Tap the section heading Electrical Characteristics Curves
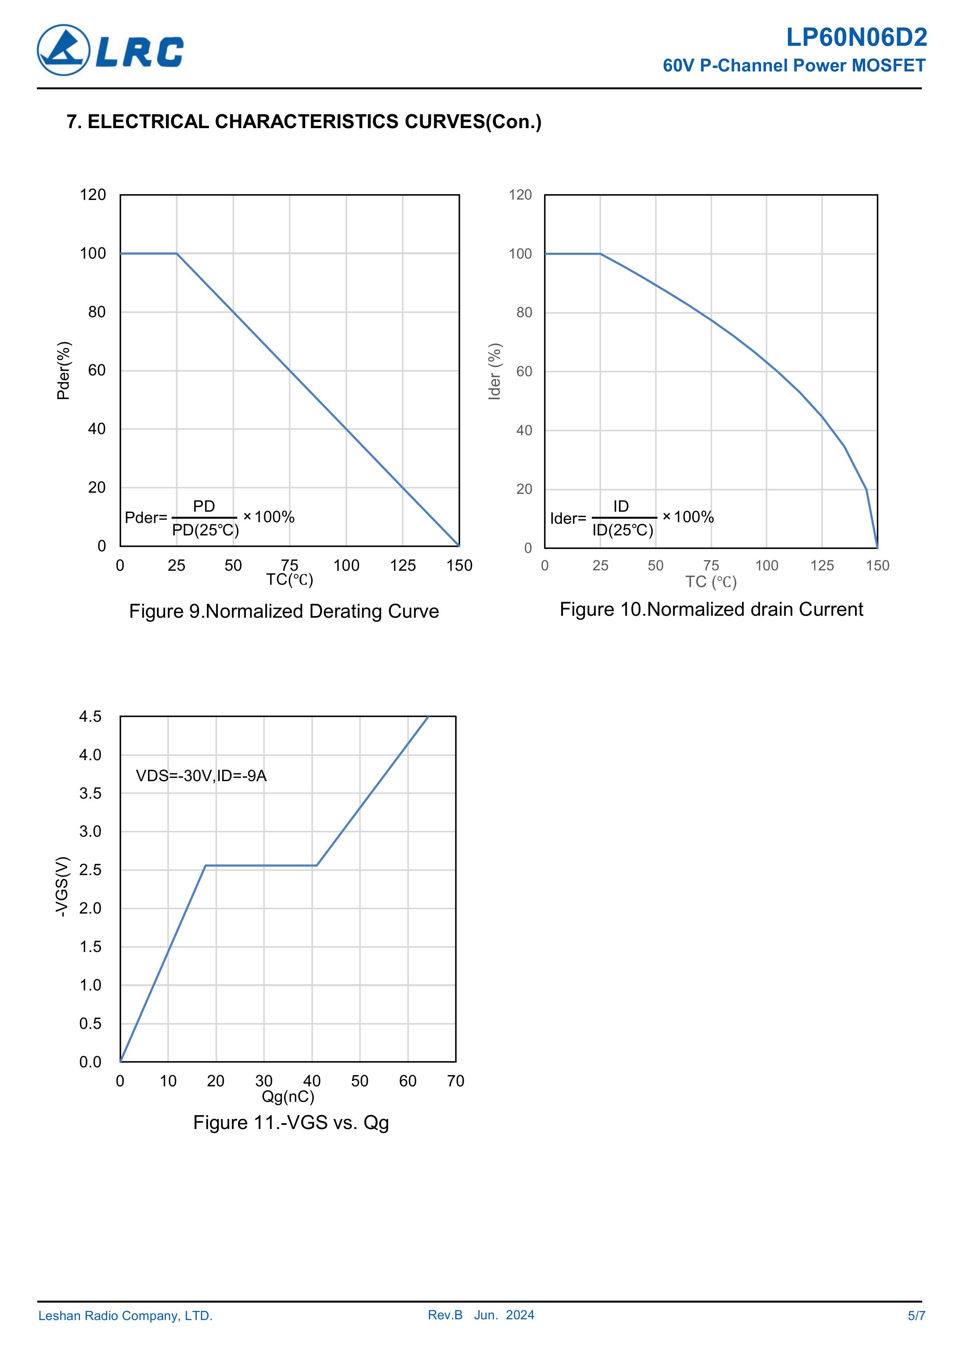coord(304,122)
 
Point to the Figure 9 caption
coord(283,611)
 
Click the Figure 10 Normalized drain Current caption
coord(711,609)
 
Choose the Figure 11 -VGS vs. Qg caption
coord(291,1122)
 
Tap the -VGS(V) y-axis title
coord(62,886)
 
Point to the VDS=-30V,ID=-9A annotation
coord(201,775)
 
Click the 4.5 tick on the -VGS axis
coord(90,717)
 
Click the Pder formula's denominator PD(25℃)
coord(205,530)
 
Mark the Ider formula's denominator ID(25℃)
coord(622,530)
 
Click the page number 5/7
coord(916,1316)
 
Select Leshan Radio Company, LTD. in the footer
coord(125,1316)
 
